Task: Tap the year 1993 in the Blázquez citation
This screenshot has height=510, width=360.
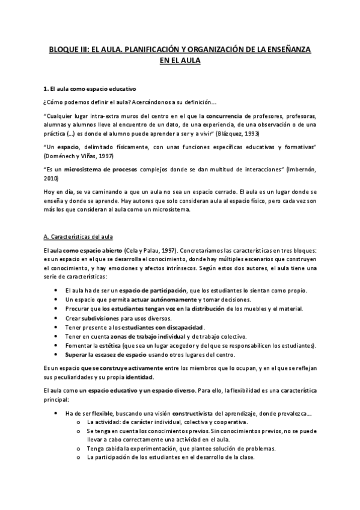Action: (250, 132)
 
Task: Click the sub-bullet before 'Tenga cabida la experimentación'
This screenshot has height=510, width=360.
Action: (79, 449)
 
